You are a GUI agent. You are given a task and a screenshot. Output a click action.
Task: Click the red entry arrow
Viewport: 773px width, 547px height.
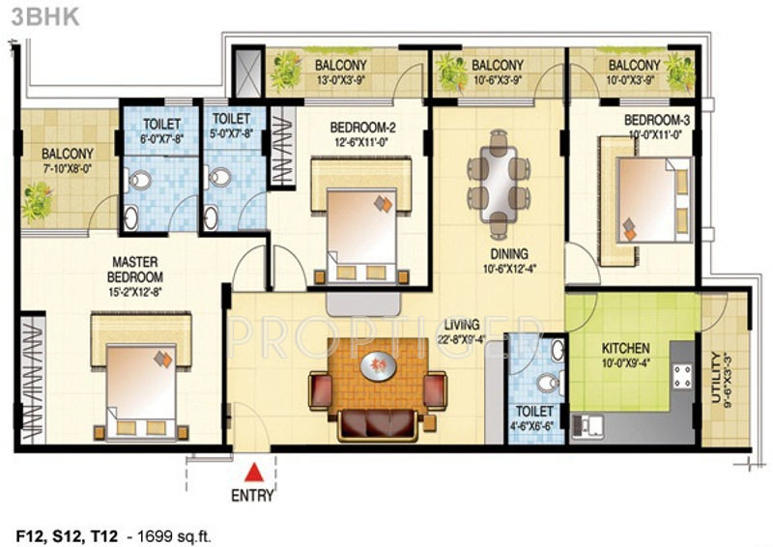254,473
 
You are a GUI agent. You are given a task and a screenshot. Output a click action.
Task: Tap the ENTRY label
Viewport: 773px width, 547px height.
252,495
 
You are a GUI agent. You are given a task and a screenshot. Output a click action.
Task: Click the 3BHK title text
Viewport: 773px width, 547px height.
45,16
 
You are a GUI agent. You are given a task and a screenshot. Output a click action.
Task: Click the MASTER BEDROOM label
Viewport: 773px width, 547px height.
135,270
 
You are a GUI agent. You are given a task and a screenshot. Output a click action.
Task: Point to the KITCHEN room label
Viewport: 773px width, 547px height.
625,349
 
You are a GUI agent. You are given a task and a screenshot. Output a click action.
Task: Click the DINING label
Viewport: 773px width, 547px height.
509,254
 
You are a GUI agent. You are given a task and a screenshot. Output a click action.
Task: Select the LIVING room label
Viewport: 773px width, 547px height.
462,325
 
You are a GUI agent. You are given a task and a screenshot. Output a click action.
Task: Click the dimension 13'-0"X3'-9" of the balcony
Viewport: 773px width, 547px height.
341,79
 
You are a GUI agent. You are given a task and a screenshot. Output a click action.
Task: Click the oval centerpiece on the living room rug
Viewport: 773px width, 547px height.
378,367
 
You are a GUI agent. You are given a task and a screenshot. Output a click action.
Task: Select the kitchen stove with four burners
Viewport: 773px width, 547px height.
683,376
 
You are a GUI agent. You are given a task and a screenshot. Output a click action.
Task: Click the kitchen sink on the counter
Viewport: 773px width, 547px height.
587,425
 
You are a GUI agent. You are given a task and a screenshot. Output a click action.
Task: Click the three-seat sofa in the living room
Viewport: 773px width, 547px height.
378,424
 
